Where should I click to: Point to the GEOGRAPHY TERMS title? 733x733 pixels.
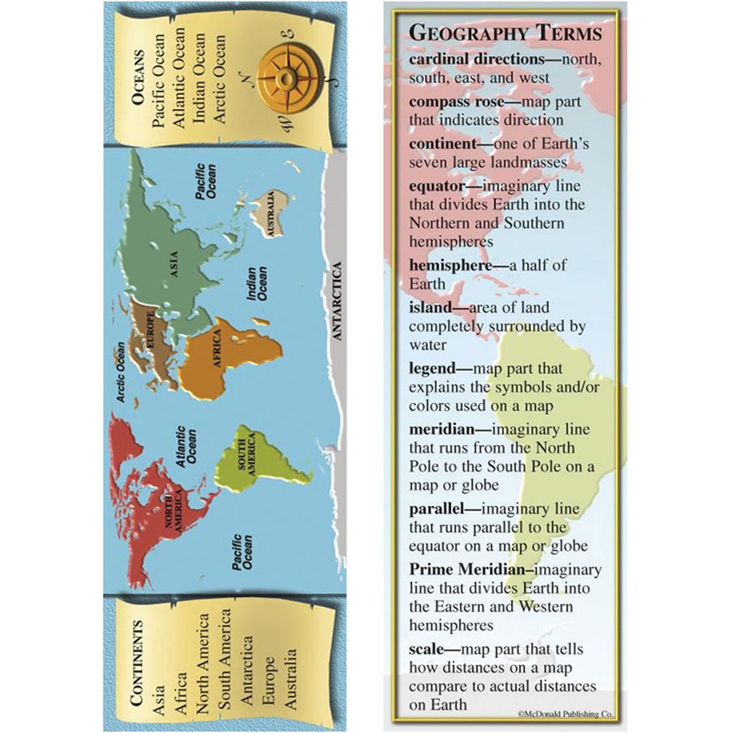pyautogui.click(x=505, y=33)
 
